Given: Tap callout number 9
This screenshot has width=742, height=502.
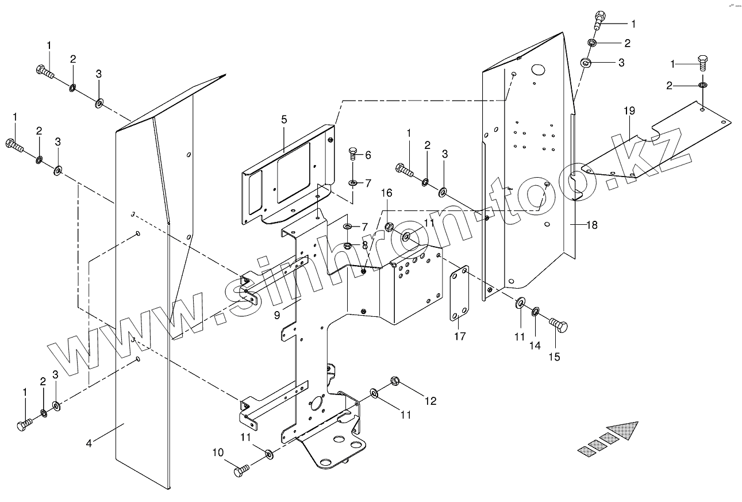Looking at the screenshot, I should [x=277, y=315].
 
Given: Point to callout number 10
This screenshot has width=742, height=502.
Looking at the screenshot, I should [x=218, y=453].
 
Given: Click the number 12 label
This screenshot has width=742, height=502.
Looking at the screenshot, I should [x=430, y=401].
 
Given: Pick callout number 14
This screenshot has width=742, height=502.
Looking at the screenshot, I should [x=535, y=346].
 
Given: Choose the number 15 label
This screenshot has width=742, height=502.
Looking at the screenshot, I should [x=554, y=357].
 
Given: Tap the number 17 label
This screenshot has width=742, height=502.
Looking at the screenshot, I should [x=460, y=336].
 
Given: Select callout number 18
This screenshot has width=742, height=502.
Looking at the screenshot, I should [x=591, y=225].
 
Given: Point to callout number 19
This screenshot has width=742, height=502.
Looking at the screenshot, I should [x=630, y=110].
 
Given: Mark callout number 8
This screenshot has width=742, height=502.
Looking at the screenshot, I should [x=364, y=244].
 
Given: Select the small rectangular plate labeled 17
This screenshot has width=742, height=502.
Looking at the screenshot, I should [x=459, y=293].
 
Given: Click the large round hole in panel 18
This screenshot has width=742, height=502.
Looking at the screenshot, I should [x=538, y=70].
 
